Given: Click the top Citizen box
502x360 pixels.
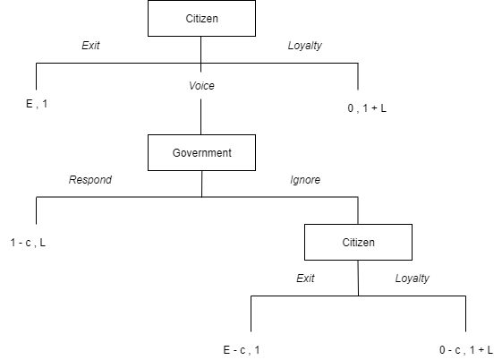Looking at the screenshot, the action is (x=201, y=18).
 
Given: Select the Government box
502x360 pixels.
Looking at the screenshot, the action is (x=201, y=152).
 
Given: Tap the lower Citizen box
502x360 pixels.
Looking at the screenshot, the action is (x=358, y=242).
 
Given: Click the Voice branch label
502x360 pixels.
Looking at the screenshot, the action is (x=201, y=85).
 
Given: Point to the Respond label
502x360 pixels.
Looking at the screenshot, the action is (x=90, y=180).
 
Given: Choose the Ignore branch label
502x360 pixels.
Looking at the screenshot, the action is (x=305, y=180).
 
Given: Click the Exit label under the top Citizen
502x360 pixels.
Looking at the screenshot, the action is (x=90, y=46).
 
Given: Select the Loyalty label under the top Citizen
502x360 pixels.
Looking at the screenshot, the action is (x=305, y=46).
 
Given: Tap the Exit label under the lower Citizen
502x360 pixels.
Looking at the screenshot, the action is (x=305, y=278).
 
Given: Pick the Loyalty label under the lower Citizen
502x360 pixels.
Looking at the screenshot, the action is (x=413, y=278).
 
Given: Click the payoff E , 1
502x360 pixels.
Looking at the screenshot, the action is (x=37, y=104).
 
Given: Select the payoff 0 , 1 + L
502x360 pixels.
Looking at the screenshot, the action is (x=367, y=108).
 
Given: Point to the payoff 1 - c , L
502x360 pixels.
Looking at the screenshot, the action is (x=28, y=243).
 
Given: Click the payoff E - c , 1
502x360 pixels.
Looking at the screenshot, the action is (x=242, y=350).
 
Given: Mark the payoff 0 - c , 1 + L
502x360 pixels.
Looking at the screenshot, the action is (x=466, y=350).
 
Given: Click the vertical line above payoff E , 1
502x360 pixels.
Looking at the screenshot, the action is (x=36, y=76).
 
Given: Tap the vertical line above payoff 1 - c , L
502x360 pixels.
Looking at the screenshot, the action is (x=36, y=210).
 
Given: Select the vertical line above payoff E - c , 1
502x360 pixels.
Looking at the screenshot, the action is (x=251, y=313).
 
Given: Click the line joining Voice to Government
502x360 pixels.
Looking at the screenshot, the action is (x=201, y=116).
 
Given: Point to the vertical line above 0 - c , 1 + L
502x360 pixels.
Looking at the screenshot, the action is (x=465, y=313).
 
